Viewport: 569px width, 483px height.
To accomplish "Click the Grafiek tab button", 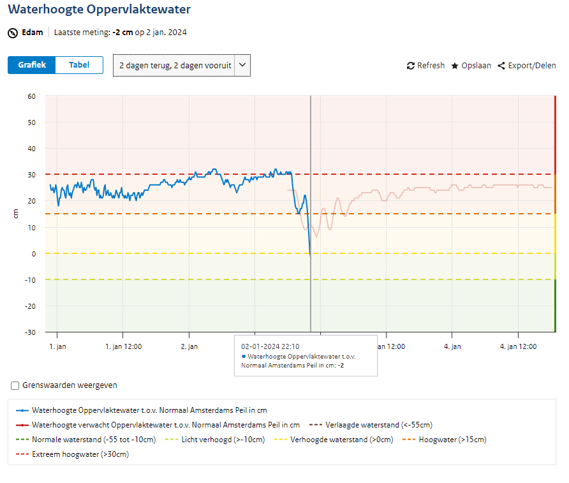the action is pyautogui.click(x=32, y=65).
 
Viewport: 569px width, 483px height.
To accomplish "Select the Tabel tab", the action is pyautogui.click(x=79, y=65).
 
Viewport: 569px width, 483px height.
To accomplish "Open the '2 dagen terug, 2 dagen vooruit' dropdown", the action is pyautogui.click(x=181, y=65).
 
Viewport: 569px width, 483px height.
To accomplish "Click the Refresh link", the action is pyautogui.click(x=425, y=66).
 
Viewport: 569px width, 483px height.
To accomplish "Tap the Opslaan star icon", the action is pyautogui.click(x=455, y=66).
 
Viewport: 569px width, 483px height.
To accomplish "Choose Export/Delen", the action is pyautogui.click(x=527, y=66).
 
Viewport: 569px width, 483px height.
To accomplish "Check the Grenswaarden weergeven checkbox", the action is pyautogui.click(x=15, y=385).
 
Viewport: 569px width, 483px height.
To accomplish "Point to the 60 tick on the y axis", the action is pyautogui.click(x=31, y=96).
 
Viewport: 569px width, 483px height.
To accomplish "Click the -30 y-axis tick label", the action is pyautogui.click(x=30, y=332).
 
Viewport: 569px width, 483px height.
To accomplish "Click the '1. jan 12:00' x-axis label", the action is pyautogui.click(x=123, y=346).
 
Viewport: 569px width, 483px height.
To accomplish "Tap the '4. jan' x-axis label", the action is pyautogui.click(x=452, y=346).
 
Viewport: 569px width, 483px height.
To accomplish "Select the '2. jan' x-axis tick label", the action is pyautogui.click(x=189, y=346).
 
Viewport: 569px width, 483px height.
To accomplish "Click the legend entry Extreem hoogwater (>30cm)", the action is pyautogui.click(x=73, y=454).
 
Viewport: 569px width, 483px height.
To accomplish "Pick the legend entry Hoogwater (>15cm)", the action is pyautogui.click(x=445, y=440).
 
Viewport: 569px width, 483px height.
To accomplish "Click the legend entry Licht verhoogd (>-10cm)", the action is pyautogui.click(x=215, y=440).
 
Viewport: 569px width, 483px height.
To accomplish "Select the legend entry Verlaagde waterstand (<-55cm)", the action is pyautogui.click(x=371, y=425).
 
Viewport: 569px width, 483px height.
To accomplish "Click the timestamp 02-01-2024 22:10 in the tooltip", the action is pyautogui.click(x=270, y=346).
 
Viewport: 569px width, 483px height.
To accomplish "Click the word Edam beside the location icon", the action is pyautogui.click(x=33, y=33).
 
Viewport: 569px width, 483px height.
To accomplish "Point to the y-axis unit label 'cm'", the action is pyautogui.click(x=15, y=214).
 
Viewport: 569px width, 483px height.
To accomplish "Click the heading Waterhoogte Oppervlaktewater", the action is pyautogui.click(x=99, y=9).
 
